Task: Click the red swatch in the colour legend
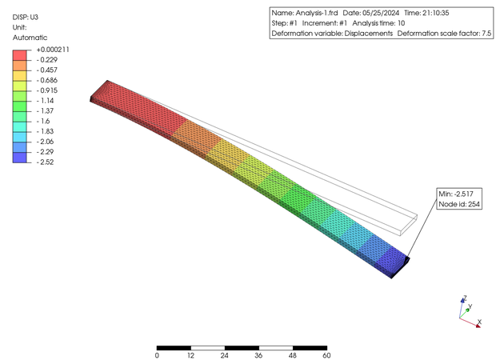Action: point(20,55)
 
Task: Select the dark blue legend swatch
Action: point(20,158)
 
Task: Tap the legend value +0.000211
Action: point(53,50)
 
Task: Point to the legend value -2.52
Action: point(46,162)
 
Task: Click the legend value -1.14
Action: point(46,101)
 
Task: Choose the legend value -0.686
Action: point(47,80)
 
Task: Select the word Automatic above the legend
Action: point(30,38)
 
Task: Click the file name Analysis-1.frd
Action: point(317,13)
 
